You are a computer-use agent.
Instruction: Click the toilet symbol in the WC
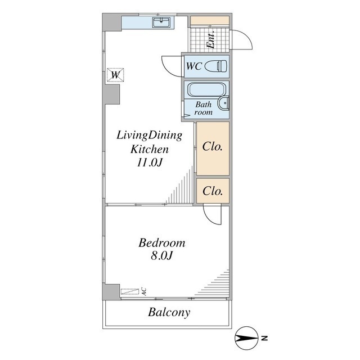pos(215,66)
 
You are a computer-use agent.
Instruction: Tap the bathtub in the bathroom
pos(205,89)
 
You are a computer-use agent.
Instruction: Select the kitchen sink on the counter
pos(161,22)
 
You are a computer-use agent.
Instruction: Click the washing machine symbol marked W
pos(116,75)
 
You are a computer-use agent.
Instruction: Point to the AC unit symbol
pos(130,291)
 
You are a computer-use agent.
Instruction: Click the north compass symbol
pos(246,338)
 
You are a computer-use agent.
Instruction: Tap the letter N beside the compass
pos(264,338)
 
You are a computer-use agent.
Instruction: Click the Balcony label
pos(169,313)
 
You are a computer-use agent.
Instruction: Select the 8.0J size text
pos(161,255)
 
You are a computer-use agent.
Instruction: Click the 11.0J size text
pos(150,163)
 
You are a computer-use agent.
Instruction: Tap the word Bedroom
pos(161,243)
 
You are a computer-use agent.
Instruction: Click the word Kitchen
pos(150,149)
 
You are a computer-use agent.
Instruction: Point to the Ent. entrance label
pos(210,39)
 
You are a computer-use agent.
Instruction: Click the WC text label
pos(193,66)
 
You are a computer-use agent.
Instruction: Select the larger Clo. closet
pos(213,148)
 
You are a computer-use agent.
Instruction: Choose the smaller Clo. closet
pos(213,191)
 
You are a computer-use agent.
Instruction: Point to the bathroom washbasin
pos(224,103)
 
